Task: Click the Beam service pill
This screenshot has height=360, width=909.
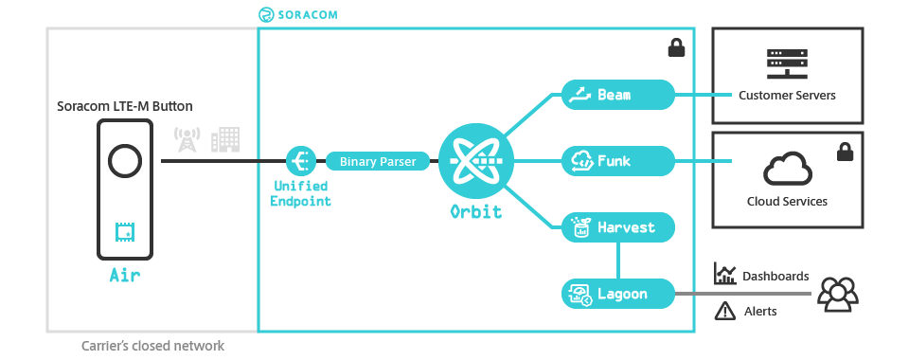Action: (617, 95)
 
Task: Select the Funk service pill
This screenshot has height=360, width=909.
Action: (617, 161)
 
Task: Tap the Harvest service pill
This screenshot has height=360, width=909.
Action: (617, 227)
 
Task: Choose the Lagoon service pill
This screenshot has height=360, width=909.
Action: (617, 294)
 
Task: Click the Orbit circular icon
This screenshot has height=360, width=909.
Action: (476, 161)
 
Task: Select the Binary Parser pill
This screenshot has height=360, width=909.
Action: (378, 161)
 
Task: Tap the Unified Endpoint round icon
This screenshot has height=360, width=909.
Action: (300, 161)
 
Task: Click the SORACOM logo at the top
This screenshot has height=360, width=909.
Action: (297, 15)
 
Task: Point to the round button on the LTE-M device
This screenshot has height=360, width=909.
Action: (124, 161)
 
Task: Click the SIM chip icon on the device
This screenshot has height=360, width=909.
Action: (124, 230)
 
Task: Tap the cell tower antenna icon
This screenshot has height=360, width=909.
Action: (187, 140)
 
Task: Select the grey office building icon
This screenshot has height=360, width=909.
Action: (225, 140)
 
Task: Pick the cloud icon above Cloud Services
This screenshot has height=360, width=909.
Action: (787, 171)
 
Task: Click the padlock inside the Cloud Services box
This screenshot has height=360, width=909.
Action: (844, 152)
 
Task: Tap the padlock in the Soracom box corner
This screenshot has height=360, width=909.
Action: (676, 47)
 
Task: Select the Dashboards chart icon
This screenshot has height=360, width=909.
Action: (725, 275)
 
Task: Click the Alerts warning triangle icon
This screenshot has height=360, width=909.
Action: (725, 309)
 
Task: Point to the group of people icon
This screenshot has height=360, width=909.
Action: (837, 294)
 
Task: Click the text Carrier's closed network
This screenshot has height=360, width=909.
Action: (152, 346)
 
